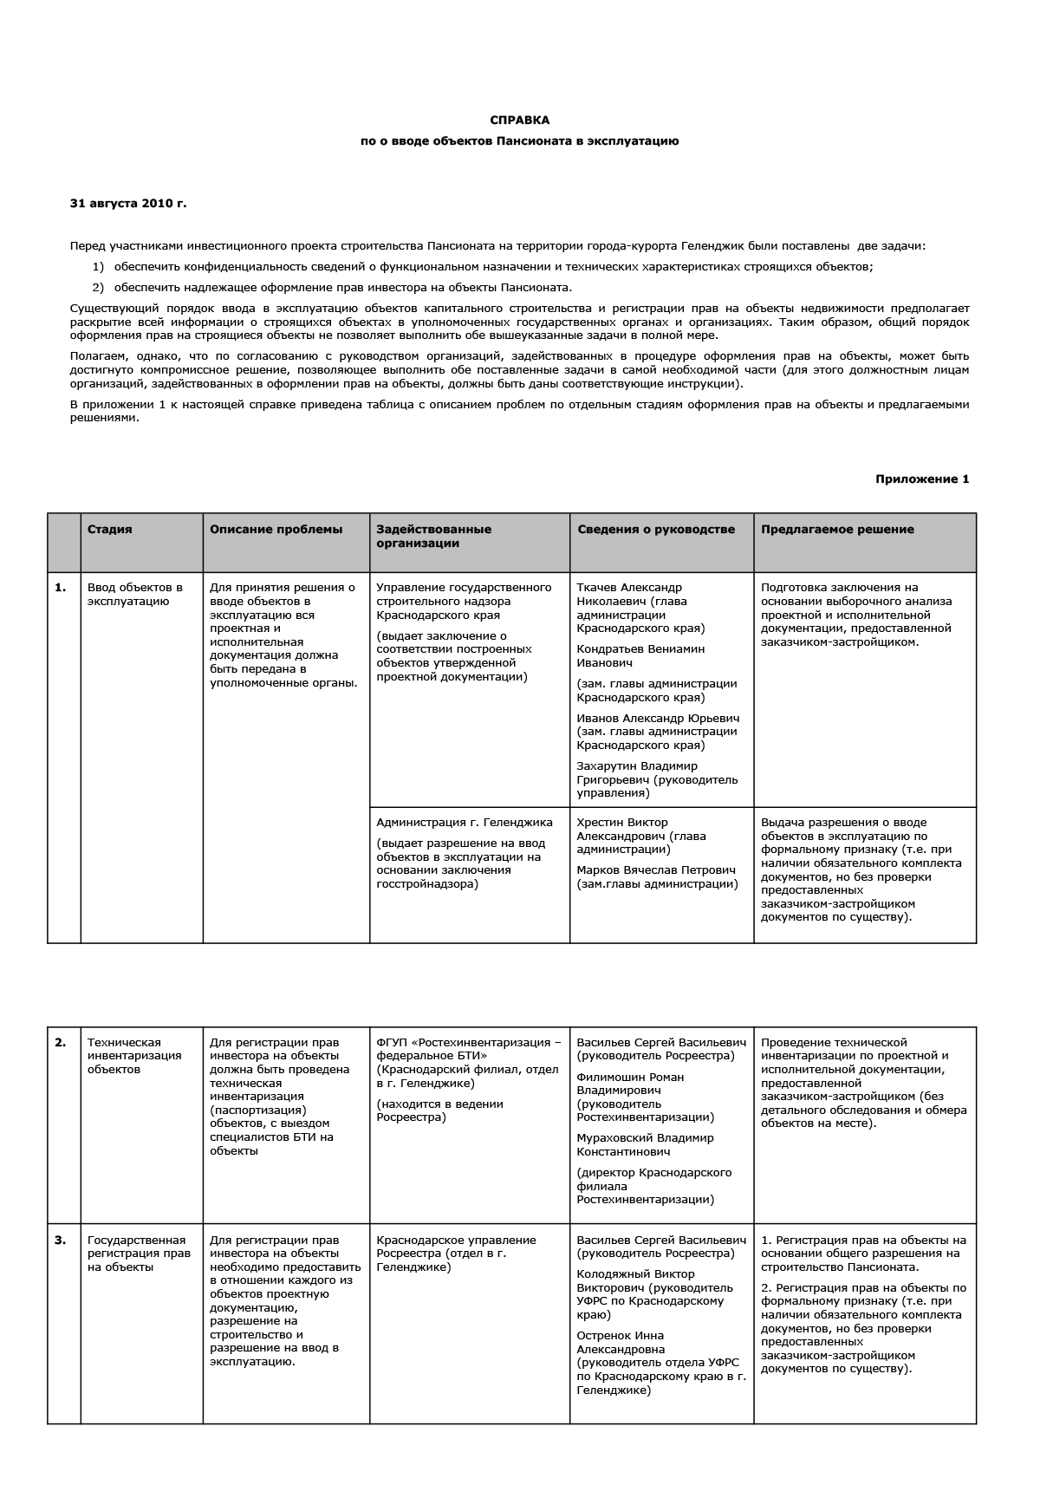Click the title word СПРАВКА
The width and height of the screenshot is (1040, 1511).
coord(519,120)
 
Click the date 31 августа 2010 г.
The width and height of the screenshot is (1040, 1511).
coord(127,204)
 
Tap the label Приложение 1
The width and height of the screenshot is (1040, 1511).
coord(922,479)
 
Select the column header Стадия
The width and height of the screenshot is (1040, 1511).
coord(110,530)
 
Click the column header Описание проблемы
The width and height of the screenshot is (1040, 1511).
coord(276,530)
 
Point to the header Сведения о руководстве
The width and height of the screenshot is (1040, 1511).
coord(655,530)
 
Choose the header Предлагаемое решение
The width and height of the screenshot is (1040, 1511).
coord(836,530)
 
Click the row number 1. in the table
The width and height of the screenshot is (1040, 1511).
coord(61,588)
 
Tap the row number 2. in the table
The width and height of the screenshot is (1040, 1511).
coord(61,1043)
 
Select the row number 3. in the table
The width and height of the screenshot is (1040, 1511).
coord(61,1241)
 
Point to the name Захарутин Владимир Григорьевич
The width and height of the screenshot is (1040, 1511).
coord(637,773)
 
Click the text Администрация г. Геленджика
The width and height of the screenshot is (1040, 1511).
coord(464,823)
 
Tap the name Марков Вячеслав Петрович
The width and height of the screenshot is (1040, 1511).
coord(656,870)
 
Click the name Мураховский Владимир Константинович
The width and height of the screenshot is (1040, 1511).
coord(645,1145)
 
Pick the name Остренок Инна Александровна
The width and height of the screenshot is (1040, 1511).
coord(621,1343)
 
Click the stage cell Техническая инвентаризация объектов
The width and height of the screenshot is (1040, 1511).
coord(134,1056)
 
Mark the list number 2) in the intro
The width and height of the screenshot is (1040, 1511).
coord(98,288)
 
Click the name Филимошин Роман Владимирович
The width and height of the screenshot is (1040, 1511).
coord(630,1084)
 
